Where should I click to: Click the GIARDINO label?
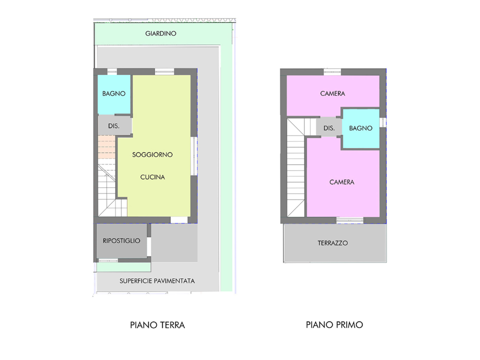(x=160, y=33)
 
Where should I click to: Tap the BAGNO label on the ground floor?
(x=113, y=93)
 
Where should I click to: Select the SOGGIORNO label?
(x=152, y=154)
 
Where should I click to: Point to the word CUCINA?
(x=152, y=176)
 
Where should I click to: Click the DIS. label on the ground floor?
(x=113, y=126)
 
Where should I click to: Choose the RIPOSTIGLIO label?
(x=121, y=240)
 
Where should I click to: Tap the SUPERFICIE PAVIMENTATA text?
(x=157, y=280)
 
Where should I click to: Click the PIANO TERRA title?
(x=157, y=325)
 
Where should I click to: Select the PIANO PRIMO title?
(x=334, y=325)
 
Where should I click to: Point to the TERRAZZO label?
(x=332, y=243)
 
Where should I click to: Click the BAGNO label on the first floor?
(x=360, y=128)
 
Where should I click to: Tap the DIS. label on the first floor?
(x=329, y=128)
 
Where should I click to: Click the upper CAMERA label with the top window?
(x=332, y=93)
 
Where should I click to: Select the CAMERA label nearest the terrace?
(x=342, y=182)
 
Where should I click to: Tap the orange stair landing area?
(x=106, y=147)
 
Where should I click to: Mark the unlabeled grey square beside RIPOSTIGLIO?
(x=173, y=243)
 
